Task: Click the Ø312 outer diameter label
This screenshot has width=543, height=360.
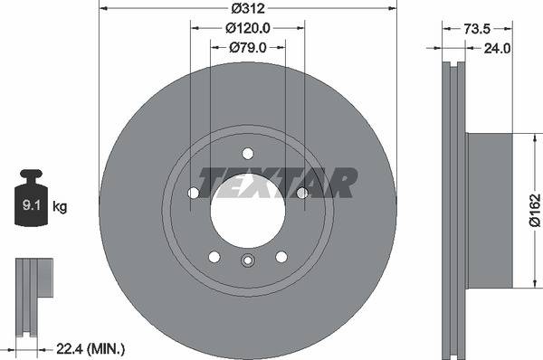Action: point(247,8)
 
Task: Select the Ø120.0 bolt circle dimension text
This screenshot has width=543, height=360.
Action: point(247,28)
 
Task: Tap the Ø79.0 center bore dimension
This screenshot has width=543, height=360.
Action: point(247,47)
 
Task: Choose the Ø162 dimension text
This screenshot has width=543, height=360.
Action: point(535,211)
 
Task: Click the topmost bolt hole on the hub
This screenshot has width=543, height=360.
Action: point(248,153)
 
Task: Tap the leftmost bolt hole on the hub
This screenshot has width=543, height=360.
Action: point(194,193)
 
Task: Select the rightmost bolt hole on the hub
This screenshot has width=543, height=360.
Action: point(302,193)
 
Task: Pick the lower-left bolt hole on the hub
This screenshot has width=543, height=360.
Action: point(214,256)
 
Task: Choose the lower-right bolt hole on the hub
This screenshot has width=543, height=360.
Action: point(281,256)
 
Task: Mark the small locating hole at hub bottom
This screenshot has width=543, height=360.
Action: point(248,262)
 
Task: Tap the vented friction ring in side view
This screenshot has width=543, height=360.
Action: point(453,211)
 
